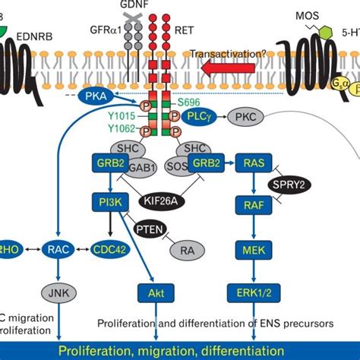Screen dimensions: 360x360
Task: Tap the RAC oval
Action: (x=58, y=248)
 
